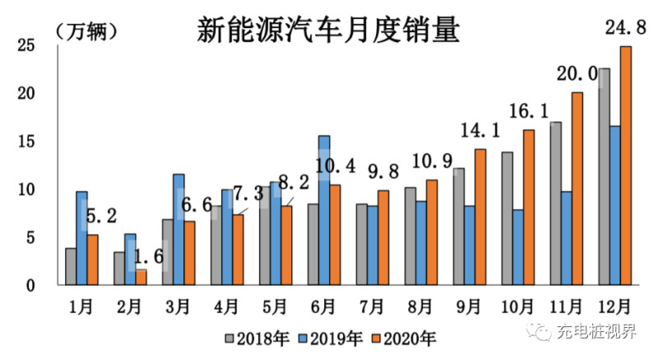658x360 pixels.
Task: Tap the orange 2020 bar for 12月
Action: point(626,164)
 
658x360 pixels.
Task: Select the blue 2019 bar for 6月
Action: point(324,210)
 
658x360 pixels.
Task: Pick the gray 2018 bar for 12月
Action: point(605,176)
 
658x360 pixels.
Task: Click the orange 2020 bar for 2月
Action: point(141,276)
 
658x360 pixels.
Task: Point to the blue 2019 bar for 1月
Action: point(81,238)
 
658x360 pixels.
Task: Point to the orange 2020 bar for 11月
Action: point(577,188)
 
